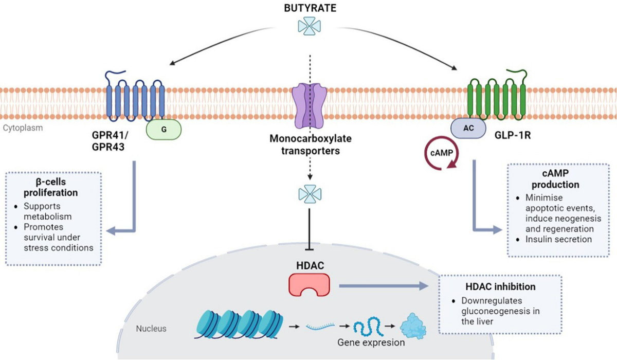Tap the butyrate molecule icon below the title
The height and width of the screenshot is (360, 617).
click(310, 26)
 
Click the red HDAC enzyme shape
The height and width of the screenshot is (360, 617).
click(309, 284)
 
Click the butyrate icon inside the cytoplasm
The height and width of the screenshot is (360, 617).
click(310, 193)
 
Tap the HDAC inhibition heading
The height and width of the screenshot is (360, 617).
click(500, 286)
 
